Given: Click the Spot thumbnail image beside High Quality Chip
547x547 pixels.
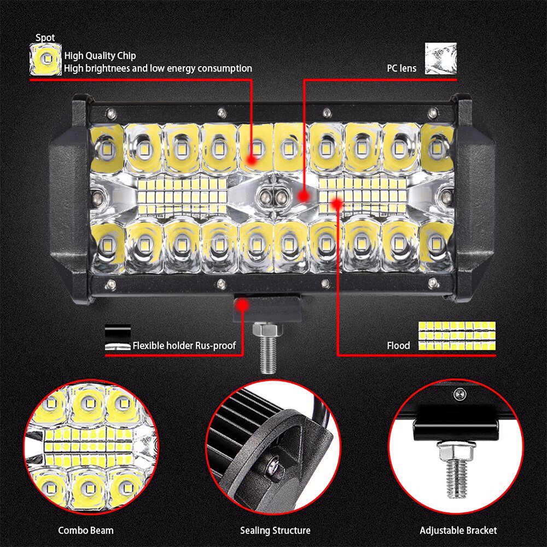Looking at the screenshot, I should pos(45,60).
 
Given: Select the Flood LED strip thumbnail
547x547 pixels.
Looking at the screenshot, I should pos(457,335).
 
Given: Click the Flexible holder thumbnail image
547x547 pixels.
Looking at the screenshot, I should pos(118,338).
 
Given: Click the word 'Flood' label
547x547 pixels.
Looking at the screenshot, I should pos(398,346).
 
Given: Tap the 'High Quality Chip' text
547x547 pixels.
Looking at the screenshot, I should pos(100,55).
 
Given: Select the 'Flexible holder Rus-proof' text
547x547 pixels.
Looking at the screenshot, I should pos(184,346).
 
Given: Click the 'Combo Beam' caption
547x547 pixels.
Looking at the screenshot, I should pos(86,530).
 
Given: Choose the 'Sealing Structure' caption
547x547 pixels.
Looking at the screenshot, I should pos(275,530).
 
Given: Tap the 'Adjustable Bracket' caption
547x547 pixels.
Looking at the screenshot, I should pos(458,530).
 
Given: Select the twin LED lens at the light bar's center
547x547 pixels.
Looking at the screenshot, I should pos(273,196).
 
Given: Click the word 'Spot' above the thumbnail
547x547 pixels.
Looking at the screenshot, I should pos(45,38).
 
